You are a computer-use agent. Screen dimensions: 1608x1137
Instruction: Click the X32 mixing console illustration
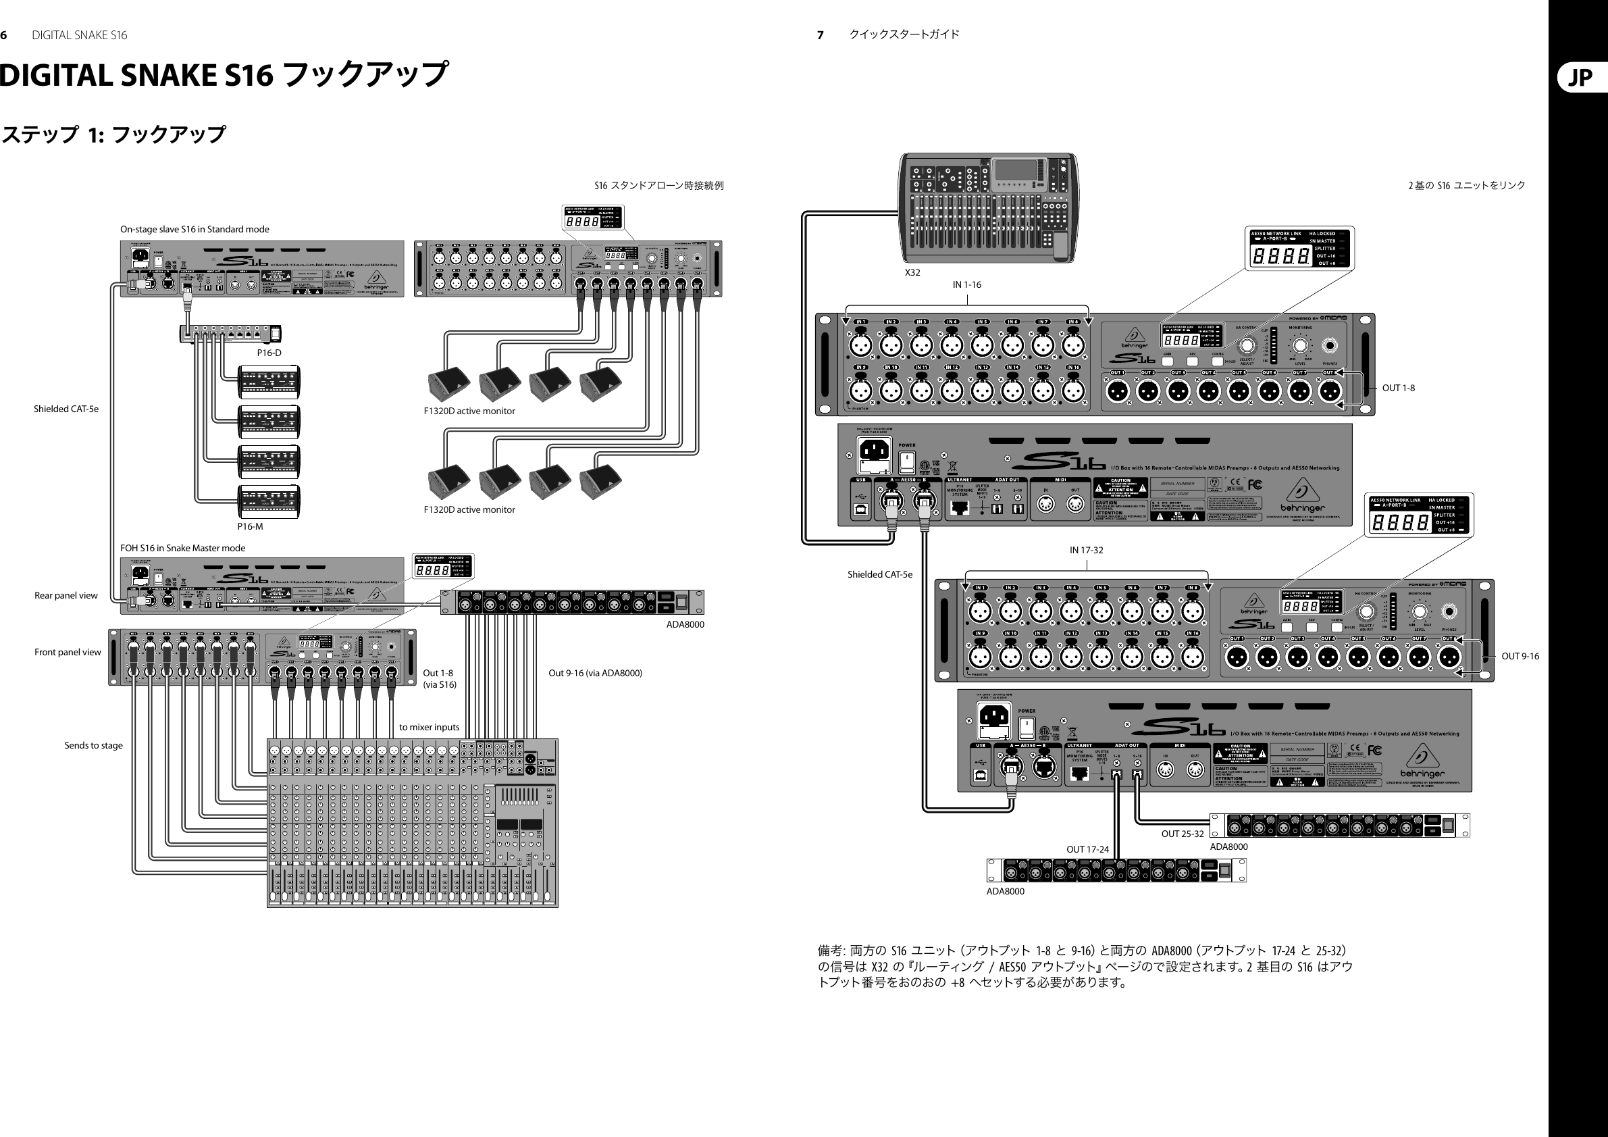(x=988, y=207)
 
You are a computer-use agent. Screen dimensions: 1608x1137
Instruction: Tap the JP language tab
(x=1581, y=77)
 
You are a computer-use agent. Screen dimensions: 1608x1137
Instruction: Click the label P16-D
(x=269, y=353)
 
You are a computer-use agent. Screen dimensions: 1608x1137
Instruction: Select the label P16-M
(x=250, y=526)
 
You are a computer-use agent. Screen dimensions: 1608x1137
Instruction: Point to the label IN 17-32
(x=1085, y=550)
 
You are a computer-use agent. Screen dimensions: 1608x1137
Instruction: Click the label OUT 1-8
(x=1398, y=388)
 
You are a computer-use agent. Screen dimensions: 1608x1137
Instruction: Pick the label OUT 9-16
(x=1520, y=657)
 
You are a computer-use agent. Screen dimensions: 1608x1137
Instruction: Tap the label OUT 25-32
(x=1182, y=834)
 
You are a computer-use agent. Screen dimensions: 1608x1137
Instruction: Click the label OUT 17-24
(x=1087, y=849)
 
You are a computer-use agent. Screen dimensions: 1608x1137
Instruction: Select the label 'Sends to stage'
(x=93, y=745)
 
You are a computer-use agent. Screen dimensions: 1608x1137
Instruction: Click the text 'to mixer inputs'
(x=429, y=727)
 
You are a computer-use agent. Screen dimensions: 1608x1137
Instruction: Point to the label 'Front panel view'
(x=68, y=652)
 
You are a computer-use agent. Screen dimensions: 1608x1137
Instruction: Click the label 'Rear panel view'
(x=66, y=595)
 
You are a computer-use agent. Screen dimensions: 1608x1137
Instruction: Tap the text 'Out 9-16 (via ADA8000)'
(x=594, y=674)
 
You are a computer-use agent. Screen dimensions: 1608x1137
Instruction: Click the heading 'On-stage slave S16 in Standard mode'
(x=194, y=229)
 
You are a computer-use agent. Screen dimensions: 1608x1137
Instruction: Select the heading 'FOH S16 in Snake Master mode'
(x=183, y=548)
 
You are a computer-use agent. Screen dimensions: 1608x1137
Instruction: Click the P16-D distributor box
(x=230, y=334)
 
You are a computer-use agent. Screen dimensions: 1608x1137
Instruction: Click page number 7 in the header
(x=820, y=35)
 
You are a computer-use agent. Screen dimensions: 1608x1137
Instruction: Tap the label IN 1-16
(x=966, y=284)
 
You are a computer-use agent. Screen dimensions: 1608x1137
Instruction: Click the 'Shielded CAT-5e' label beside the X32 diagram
(x=879, y=574)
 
